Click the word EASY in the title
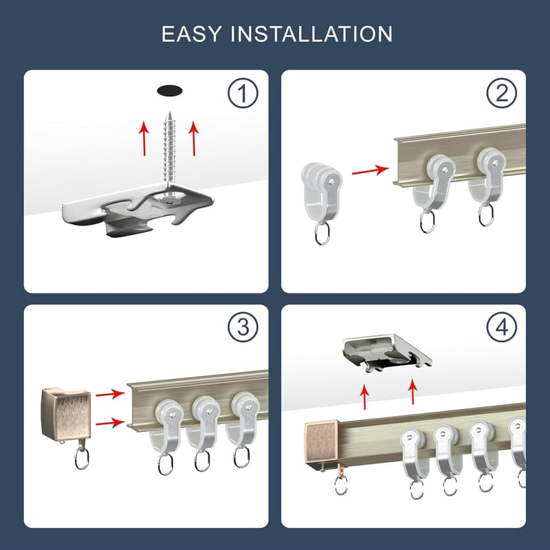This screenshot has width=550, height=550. pyautogui.click(x=192, y=34)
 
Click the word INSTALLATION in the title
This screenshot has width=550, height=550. pyautogui.click(x=311, y=34)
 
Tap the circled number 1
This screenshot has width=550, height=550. pyautogui.click(x=243, y=93)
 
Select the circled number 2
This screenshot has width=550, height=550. pyautogui.click(x=502, y=93)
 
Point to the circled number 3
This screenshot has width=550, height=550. pyautogui.click(x=243, y=327)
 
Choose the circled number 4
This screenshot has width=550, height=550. pyautogui.click(x=502, y=327)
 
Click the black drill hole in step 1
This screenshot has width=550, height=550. pyautogui.click(x=169, y=91)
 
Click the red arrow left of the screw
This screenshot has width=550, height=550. pyautogui.click(x=144, y=138)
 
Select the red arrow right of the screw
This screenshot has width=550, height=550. pyautogui.click(x=194, y=138)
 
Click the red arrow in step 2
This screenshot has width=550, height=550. pyautogui.click(x=371, y=170)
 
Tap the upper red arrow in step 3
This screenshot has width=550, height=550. pyautogui.click(x=110, y=393)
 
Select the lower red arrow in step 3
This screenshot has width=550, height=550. pyautogui.click(x=110, y=423)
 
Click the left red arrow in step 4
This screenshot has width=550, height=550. pyautogui.click(x=364, y=397)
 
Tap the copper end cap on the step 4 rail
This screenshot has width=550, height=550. pyautogui.click(x=321, y=442)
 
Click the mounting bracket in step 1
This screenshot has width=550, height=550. pyautogui.click(x=137, y=209)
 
